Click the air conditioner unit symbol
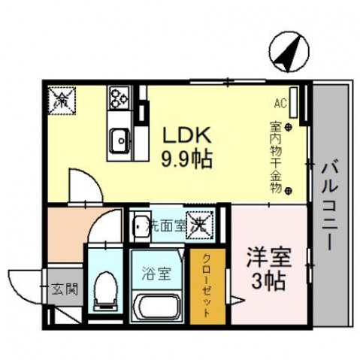coord(293,99)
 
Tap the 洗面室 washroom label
coord(165,224)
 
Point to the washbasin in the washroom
coord(141,225)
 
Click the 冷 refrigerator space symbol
coord(60,98)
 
